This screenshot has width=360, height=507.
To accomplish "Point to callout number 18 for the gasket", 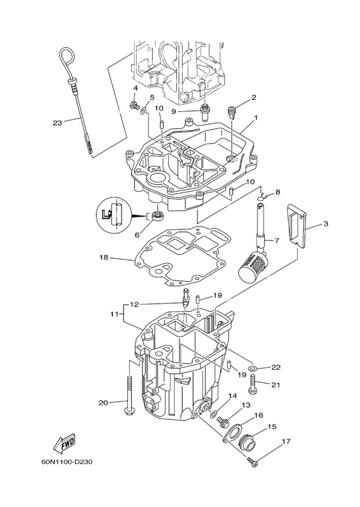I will (103, 258).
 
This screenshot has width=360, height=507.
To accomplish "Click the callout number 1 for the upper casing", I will (255, 118).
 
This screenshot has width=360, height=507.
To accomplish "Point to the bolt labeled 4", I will (134, 105).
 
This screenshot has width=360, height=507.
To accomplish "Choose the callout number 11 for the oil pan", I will (113, 314).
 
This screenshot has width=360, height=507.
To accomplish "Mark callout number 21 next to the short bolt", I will (276, 385).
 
